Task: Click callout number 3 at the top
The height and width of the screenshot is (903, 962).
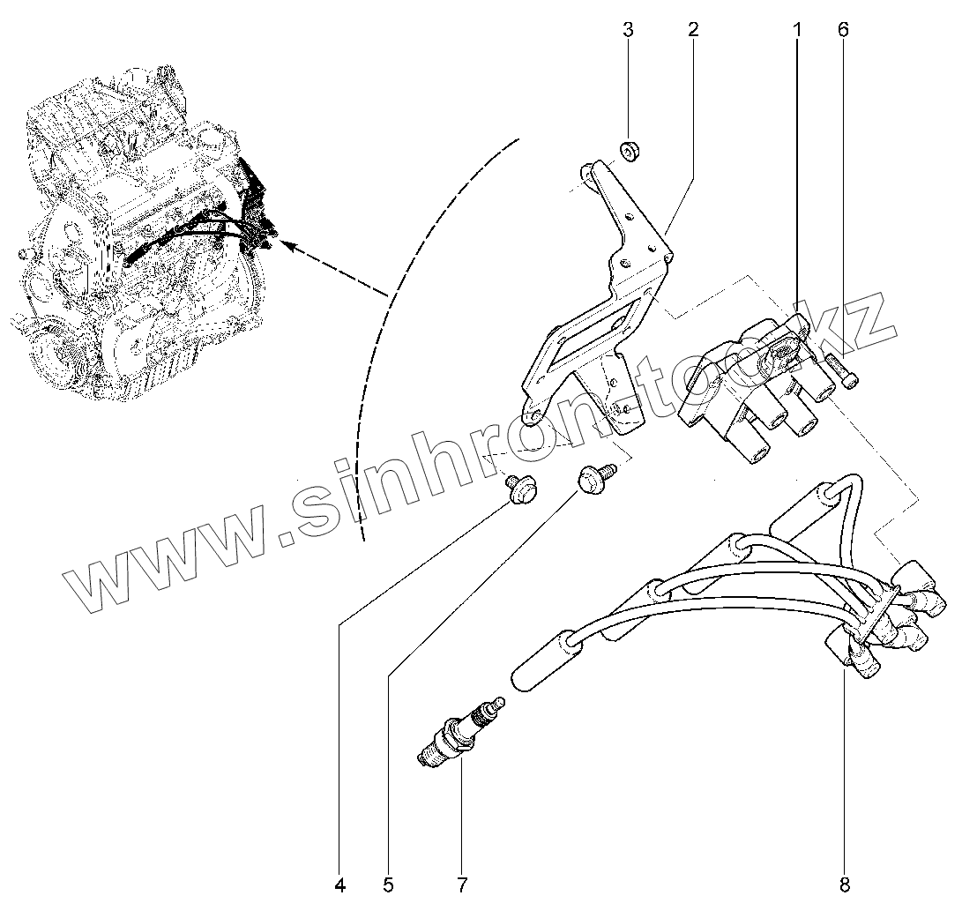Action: click(629, 29)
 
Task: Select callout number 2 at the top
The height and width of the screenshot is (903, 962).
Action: click(693, 29)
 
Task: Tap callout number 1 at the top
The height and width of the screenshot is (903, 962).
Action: click(797, 29)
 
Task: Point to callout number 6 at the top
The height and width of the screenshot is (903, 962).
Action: click(843, 29)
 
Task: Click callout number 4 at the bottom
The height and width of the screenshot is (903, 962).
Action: click(340, 884)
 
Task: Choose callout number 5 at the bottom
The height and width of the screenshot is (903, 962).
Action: click(388, 884)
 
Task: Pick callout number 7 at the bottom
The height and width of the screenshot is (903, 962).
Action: click(460, 884)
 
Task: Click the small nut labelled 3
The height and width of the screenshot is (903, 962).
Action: click(630, 152)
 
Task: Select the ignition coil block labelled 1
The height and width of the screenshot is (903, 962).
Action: click(758, 388)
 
